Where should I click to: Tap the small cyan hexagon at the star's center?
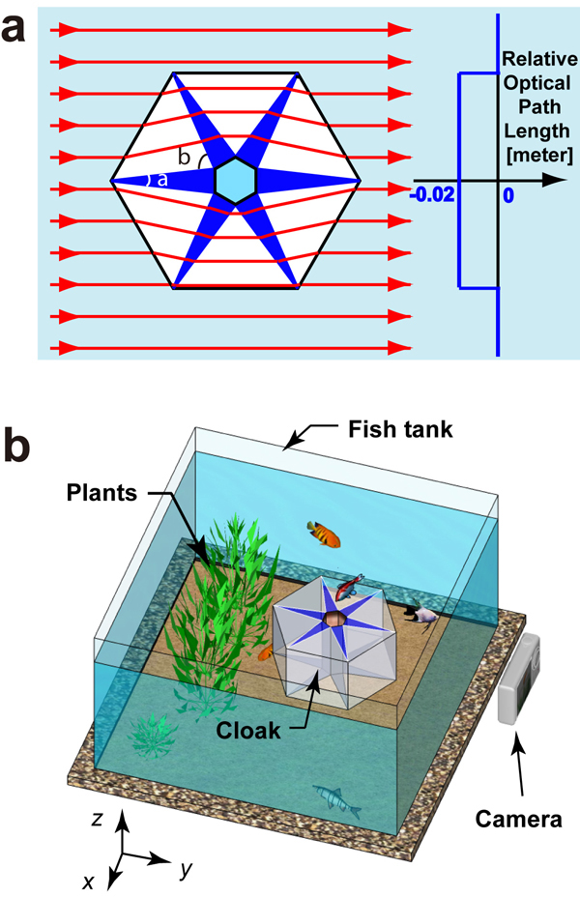click(x=235, y=181)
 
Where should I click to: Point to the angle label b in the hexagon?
click(x=183, y=158)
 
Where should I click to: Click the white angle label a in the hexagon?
click(x=161, y=181)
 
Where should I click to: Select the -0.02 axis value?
click(x=432, y=194)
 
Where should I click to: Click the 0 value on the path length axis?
click(x=509, y=194)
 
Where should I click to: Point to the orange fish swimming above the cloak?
click(x=324, y=532)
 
